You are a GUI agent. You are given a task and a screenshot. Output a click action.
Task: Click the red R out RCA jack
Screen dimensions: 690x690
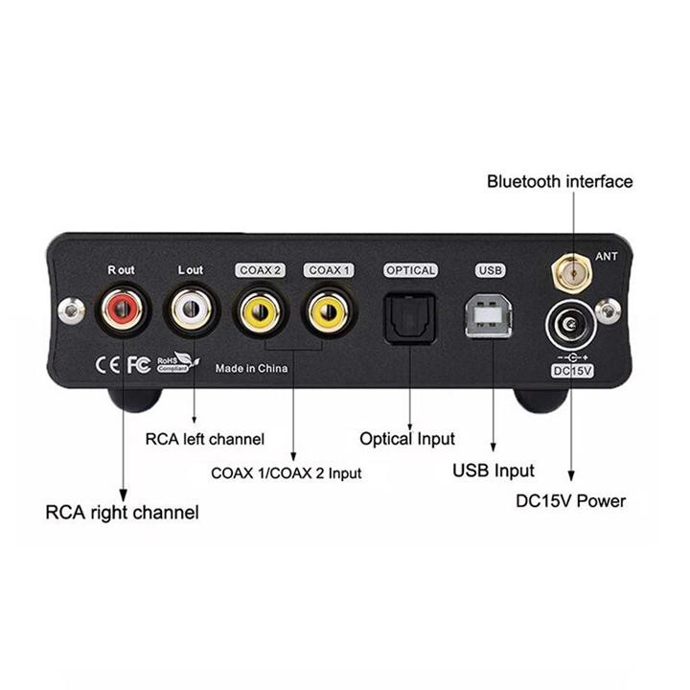click(123, 311)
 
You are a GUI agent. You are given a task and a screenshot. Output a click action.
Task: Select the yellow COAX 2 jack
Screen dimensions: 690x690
click(260, 311)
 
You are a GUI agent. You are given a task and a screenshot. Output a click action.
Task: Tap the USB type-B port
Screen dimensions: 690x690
click(489, 315)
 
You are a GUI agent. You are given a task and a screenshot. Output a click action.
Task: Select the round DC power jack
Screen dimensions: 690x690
click(570, 326)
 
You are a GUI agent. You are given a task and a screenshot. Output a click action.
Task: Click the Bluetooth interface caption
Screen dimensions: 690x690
click(560, 181)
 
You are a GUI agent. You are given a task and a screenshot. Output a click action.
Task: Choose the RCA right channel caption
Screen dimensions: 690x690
click(123, 512)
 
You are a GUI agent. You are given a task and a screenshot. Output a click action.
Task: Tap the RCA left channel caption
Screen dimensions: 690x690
click(204, 440)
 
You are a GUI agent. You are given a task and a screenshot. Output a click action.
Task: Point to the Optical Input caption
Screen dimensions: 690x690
click(407, 439)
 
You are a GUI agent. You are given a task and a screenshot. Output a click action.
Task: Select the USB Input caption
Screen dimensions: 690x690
click(493, 470)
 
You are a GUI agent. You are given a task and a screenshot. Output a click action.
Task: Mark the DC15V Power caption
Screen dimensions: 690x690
click(570, 500)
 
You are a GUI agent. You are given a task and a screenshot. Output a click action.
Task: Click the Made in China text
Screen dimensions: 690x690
click(251, 367)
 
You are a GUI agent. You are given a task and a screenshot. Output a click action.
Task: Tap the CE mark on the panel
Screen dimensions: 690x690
click(106, 364)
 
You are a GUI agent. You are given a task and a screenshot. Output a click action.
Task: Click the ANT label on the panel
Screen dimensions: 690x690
click(607, 256)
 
